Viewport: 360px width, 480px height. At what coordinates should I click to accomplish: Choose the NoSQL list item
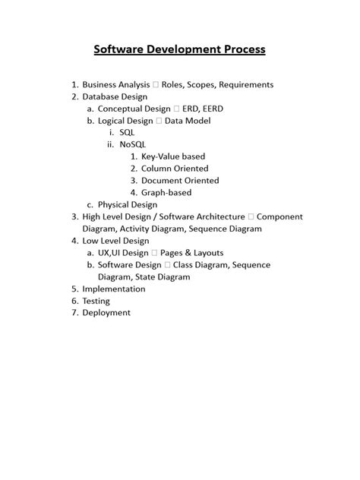pyautogui.click(x=134, y=144)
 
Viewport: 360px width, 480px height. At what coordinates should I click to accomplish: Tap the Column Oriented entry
pyautogui.click(x=174, y=169)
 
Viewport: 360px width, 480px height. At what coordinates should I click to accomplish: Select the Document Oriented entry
pyautogui.click(x=179, y=181)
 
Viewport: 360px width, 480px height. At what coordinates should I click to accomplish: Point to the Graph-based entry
pyautogui.click(x=165, y=192)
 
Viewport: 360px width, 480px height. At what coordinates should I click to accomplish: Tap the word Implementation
pyautogui.click(x=113, y=289)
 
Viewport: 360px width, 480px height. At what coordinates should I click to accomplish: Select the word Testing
pyautogui.click(x=96, y=301)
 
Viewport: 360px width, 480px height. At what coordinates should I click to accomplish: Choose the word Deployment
pyautogui.click(x=106, y=312)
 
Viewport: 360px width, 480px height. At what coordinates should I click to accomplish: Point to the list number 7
pyautogui.click(x=74, y=312)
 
